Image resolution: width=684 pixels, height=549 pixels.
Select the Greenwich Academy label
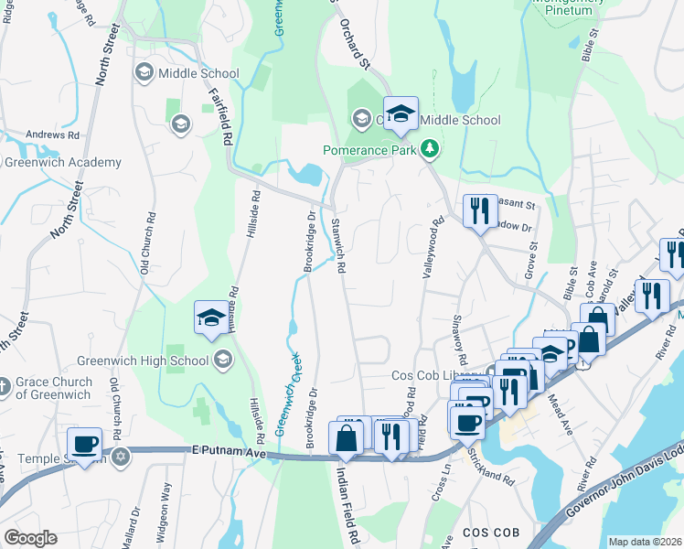pos(62,163)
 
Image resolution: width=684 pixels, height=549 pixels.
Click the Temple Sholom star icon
pos(120,455)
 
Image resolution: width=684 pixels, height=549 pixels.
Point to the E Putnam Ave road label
pos(228,451)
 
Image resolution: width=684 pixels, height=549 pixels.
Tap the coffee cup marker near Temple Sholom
pos(86,443)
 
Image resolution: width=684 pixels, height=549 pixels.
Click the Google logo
pos(31,537)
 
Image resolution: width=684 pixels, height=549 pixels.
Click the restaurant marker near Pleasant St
pos(479,211)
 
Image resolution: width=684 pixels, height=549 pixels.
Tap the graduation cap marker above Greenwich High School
pos(211,318)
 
